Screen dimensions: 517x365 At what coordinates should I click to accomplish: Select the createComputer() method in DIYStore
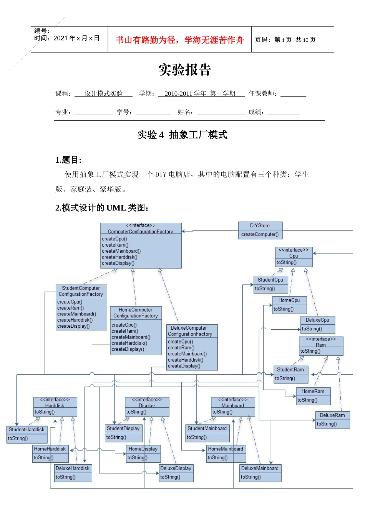tap(260, 234)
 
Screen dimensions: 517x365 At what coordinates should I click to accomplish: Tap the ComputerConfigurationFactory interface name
tap(140, 232)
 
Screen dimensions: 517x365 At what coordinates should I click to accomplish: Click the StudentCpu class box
tap(270, 284)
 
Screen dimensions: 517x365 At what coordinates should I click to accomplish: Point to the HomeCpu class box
tap(289, 305)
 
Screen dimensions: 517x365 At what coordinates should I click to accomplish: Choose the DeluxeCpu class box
tap(317, 324)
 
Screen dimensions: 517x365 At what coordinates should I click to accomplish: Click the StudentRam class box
tap(290, 374)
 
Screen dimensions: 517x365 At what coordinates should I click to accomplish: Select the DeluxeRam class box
tap(332, 419)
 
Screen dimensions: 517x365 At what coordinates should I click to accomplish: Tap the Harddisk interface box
tap(55, 406)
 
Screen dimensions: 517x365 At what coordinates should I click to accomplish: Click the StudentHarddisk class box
tap(27, 434)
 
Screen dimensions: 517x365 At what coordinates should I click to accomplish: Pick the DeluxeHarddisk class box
tap(73, 472)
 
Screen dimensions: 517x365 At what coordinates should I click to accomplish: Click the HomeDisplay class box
tap(143, 453)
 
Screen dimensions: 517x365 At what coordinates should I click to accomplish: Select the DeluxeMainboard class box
tap(260, 472)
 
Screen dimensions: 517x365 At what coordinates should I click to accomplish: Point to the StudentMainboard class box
tap(207, 433)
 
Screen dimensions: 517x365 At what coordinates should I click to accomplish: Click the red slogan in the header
tap(180, 40)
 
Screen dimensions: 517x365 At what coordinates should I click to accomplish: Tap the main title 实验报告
tap(185, 70)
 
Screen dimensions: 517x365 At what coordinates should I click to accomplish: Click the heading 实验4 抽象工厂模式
tap(182, 135)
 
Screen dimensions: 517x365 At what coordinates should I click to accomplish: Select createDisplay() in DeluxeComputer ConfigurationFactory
tap(184, 366)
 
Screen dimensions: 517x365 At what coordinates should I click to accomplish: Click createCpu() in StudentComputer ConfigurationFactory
tap(70, 302)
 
